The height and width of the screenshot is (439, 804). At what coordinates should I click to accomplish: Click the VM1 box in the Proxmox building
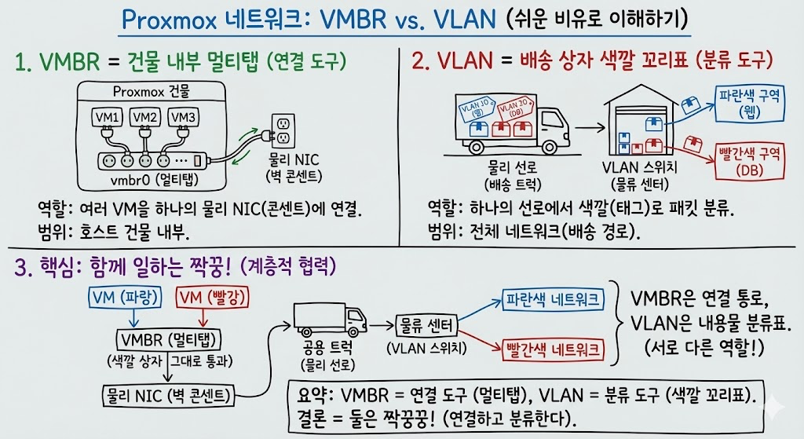click(x=108, y=117)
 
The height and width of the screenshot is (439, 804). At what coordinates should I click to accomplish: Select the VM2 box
click(x=145, y=117)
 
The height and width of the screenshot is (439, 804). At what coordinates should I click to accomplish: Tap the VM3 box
click(x=182, y=117)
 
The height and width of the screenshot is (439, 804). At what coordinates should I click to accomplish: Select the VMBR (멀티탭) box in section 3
click(x=167, y=339)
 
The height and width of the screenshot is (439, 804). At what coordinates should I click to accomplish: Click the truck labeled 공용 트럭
click(x=328, y=322)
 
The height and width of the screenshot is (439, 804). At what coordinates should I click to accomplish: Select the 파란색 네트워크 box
click(x=552, y=299)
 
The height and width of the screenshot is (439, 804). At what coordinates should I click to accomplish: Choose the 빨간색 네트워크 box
click(x=552, y=349)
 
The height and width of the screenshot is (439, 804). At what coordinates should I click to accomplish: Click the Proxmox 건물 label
click(x=149, y=92)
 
